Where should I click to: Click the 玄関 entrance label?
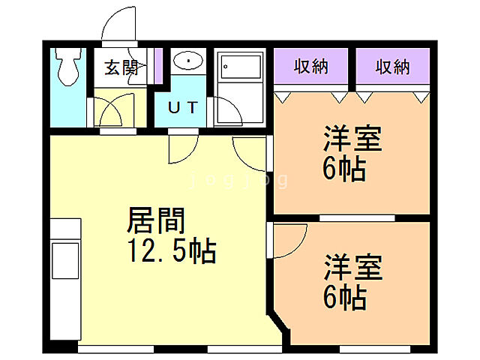120,67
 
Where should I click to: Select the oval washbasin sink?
185,61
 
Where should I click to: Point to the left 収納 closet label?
310,67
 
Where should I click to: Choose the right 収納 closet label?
392,67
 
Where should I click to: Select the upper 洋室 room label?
352,140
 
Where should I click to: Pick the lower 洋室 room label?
352,268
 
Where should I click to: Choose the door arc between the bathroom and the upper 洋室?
249,154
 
